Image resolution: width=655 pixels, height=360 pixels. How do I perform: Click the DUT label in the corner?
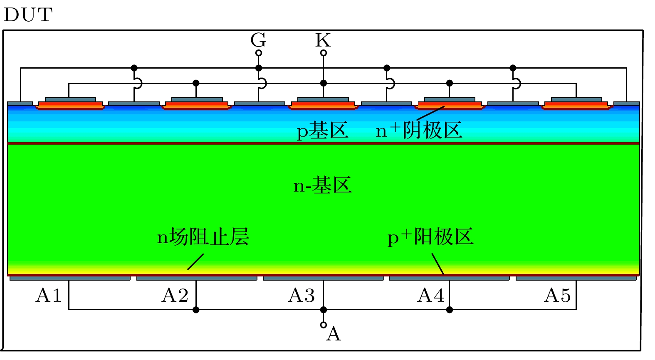point(28,15)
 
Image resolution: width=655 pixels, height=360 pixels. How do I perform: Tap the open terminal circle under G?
point(259,53)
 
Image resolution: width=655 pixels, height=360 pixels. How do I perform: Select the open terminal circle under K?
point(324,53)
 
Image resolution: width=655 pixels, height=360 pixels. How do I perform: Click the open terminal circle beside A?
point(324,325)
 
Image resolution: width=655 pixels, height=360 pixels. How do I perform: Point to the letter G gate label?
point(258,40)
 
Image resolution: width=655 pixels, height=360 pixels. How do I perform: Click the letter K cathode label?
point(323,40)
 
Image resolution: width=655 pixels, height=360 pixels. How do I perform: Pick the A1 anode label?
point(49,295)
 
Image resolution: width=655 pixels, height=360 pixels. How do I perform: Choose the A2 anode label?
point(175,295)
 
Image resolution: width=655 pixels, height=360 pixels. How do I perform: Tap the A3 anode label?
point(302,295)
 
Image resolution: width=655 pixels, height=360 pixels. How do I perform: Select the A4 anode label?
point(431,295)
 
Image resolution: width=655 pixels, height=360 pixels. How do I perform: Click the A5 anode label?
point(557,295)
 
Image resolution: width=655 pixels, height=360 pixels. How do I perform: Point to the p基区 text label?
point(323,131)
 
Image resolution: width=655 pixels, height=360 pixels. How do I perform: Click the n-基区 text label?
point(322,185)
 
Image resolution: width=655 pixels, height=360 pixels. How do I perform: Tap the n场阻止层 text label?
point(203,237)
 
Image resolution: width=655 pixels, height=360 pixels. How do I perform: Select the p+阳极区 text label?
point(430,237)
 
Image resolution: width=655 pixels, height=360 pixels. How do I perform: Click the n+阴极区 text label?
point(419,130)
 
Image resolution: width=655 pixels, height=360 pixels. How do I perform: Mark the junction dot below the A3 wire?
point(324,310)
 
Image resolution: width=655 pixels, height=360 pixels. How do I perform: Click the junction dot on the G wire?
point(259,68)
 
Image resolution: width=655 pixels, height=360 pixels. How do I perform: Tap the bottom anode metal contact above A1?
point(70,278)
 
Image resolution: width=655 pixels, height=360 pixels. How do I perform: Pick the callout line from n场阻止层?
point(195,262)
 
